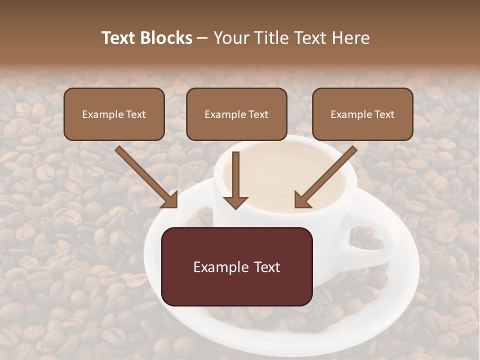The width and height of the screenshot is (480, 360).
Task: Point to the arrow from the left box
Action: tap(145, 176)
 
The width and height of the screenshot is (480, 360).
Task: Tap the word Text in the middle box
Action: tap(258, 114)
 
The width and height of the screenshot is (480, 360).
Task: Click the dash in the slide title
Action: tap(202, 38)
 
